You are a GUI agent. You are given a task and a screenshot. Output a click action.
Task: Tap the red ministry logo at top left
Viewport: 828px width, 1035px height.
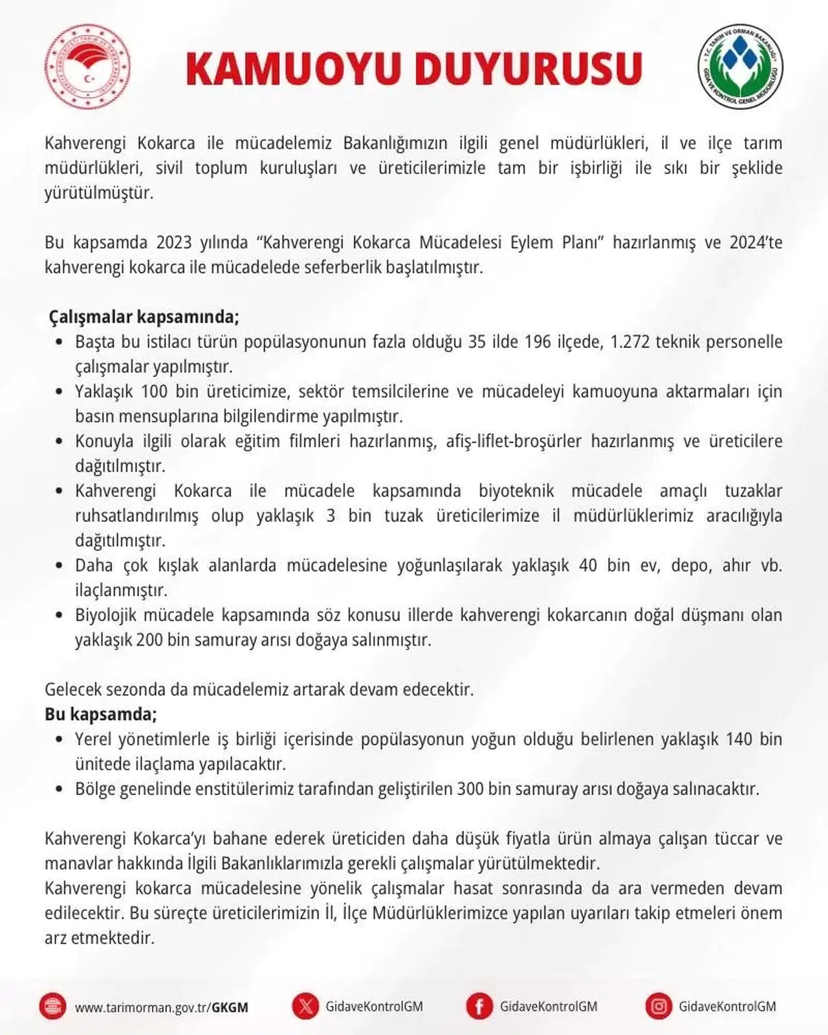[87, 67]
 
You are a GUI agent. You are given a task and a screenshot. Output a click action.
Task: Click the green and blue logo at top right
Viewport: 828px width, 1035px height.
[741, 67]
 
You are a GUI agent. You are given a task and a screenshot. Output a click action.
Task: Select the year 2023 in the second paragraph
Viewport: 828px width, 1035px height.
[174, 243]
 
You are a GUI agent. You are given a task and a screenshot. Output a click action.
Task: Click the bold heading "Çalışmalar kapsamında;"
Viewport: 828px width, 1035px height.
[144, 317]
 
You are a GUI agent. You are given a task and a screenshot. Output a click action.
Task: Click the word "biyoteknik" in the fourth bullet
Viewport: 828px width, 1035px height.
[516, 491]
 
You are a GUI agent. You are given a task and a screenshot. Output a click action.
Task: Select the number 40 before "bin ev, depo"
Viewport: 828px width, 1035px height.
[588, 565]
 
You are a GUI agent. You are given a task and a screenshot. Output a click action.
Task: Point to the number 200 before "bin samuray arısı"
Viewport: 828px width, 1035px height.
[149, 640]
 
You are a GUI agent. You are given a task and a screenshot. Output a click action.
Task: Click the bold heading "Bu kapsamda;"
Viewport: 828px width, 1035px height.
[101, 714]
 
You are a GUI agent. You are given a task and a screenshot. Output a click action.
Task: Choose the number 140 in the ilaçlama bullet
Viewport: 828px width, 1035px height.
[739, 739]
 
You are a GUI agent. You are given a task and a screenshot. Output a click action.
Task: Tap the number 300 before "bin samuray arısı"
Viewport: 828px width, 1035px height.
[470, 789]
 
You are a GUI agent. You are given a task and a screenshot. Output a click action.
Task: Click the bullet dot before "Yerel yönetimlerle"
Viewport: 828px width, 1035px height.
[60, 739]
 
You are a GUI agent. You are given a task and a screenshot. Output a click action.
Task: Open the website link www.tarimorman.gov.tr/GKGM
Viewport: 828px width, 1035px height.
[161, 1007]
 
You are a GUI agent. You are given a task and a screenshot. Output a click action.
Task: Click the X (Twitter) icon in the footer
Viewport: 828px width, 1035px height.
[305, 1007]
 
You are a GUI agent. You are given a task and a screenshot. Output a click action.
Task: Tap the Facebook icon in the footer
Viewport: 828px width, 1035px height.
[479, 1007]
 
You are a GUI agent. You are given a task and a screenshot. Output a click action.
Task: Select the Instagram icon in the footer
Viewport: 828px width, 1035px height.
[659, 1007]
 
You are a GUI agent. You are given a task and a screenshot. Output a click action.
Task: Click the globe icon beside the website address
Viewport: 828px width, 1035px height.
[52, 1007]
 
